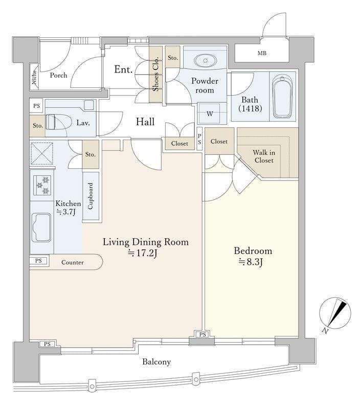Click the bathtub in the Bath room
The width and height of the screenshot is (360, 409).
(282, 97)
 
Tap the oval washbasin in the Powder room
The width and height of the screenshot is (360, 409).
(205, 60)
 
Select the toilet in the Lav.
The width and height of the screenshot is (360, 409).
(56, 122)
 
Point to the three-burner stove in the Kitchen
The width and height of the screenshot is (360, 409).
(42, 185)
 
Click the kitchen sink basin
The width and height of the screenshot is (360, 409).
(41, 228)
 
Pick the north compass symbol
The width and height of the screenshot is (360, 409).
(335, 314)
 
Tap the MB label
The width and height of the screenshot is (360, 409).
(262, 53)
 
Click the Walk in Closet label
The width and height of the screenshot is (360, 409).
(264, 156)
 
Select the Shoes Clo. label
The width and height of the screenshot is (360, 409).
(156, 74)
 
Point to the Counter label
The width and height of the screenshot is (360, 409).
(73, 262)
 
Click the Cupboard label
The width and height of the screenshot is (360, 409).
(91, 196)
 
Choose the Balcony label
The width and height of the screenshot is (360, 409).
(156, 362)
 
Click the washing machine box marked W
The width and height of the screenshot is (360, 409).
(209, 113)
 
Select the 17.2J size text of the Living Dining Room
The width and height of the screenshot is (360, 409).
(143, 253)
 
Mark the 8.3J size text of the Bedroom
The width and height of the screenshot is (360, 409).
(251, 262)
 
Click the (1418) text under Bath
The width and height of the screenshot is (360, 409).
(250, 108)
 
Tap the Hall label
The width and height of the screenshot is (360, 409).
(145, 122)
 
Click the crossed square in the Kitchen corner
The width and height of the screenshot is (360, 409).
(42, 153)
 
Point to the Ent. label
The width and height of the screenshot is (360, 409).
(123, 70)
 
